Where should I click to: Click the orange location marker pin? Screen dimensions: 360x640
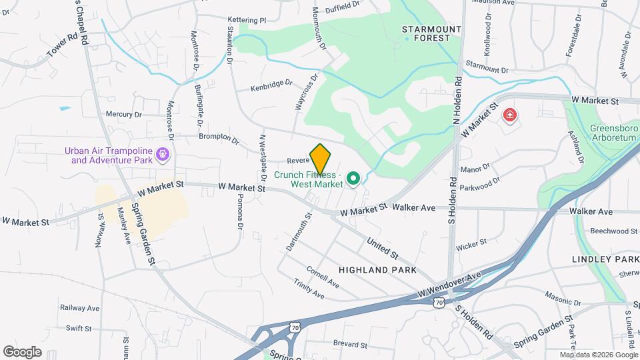[321, 159]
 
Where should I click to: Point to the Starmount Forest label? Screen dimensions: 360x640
[432, 33]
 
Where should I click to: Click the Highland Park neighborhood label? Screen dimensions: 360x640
[377, 270]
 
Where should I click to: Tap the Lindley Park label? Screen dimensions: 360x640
[605, 259]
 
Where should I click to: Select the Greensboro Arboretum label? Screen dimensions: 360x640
[614, 133]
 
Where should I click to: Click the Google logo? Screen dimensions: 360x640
[22, 351]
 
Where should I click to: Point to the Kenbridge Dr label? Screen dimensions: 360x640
[271, 86]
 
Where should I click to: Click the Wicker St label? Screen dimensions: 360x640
[471, 245]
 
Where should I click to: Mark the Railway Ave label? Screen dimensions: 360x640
[79, 308]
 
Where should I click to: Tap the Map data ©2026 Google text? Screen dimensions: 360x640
[597, 355]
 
